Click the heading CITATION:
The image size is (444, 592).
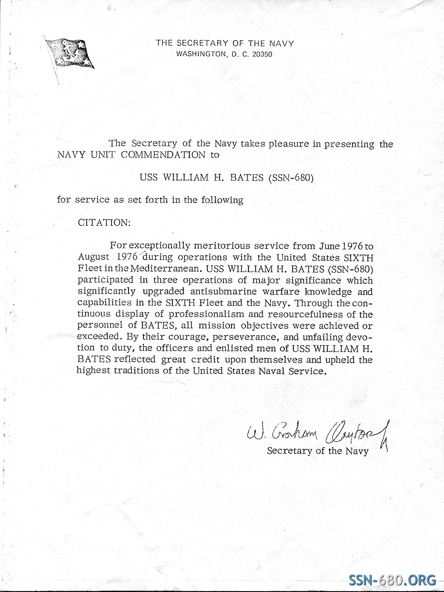(x=104, y=223)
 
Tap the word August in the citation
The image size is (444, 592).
(x=94, y=257)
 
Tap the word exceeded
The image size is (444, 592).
(x=94, y=337)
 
